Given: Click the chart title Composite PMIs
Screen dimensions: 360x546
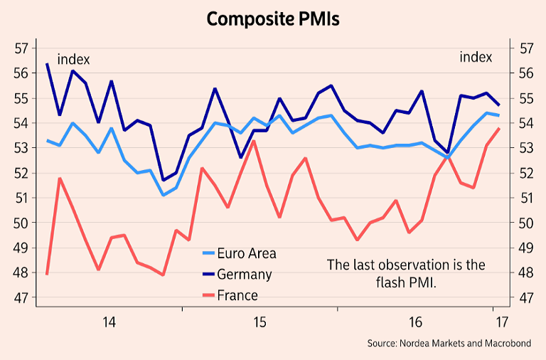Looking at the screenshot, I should click(273, 18).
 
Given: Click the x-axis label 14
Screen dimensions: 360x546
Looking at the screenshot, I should click(109, 322).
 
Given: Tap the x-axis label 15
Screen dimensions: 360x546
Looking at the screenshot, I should click(259, 322).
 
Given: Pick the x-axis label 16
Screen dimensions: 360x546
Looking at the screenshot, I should click(416, 322).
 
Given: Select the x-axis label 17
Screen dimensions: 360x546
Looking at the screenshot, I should click(501, 322).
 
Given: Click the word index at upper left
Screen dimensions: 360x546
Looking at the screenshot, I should click(73, 59).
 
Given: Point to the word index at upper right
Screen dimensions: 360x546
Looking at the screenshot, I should click(476, 57).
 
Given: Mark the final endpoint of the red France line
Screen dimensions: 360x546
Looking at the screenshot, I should click(499, 128).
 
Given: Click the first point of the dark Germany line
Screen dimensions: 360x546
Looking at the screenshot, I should click(47, 64).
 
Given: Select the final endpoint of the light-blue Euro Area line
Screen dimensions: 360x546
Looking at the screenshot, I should click(499, 115).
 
